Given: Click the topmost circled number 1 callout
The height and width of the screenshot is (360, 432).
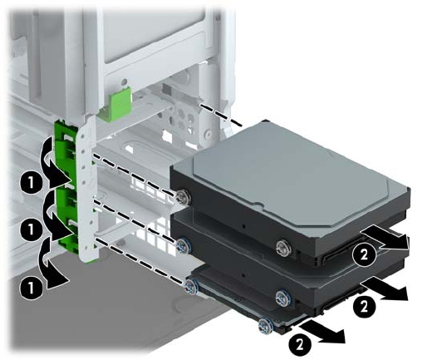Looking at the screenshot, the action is tap(31, 183).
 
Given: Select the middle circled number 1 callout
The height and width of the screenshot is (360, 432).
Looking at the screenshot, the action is tap(31, 229).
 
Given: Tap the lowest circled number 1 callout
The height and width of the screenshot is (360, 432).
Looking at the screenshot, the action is tap(31, 288).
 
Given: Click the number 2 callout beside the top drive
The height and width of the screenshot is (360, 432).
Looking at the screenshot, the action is tap(364, 254).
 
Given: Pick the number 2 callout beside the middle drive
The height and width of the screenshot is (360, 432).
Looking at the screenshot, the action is tap(364, 306).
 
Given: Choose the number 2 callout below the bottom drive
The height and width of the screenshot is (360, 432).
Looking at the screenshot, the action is tap(300, 345).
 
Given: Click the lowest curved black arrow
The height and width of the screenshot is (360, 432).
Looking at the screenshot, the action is tap(54, 264).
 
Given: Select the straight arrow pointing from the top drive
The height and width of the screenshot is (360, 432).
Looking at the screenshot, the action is tap(385, 237).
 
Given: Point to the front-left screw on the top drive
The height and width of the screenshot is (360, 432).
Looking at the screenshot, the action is tap(183, 196).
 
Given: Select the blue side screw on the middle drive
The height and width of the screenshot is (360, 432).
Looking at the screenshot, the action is tap(283, 297).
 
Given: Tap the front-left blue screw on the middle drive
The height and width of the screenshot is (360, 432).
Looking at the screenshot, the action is tap(182, 245).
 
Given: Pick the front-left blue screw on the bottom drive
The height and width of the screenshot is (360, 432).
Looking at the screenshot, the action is tap(190, 287).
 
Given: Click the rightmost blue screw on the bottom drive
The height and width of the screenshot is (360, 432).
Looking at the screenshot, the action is tap(265, 326).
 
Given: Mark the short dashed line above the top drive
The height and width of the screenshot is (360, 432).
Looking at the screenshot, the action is tap(221, 116).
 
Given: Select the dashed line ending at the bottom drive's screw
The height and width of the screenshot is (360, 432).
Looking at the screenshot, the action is tap(140, 261).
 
